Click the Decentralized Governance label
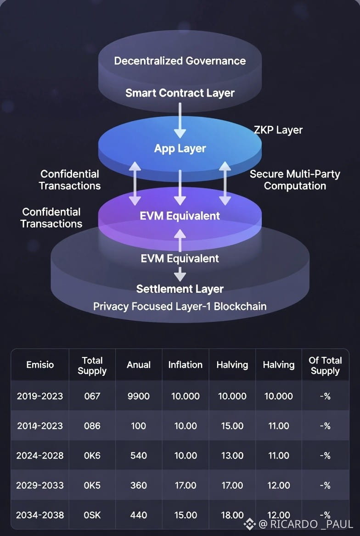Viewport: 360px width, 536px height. click(x=180, y=61)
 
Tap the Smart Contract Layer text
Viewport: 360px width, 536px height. click(x=180, y=93)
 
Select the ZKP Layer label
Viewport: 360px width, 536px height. click(x=278, y=130)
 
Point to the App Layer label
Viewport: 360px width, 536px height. click(x=180, y=149)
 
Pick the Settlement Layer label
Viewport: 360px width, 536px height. click(x=180, y=289)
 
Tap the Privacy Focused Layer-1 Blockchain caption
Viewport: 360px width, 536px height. click(x=180, y=306)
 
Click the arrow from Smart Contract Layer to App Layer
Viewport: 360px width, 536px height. click(x=180, y=120)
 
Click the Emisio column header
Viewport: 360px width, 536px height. click(x=39, y=365)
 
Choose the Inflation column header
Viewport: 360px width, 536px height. click(x=185, y=365)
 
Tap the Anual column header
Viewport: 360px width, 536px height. click(x=138, y=365)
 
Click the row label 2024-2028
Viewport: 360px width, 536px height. click(x=39, y=456)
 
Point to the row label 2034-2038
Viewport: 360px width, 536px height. click(x=39, y=515)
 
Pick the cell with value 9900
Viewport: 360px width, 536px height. click(x=138, y=396)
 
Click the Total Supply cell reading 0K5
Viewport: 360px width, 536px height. click(x=92, y=486)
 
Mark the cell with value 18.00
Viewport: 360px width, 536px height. click(x=232, y=515)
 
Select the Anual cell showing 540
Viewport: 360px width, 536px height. click(x=138, y=456)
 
